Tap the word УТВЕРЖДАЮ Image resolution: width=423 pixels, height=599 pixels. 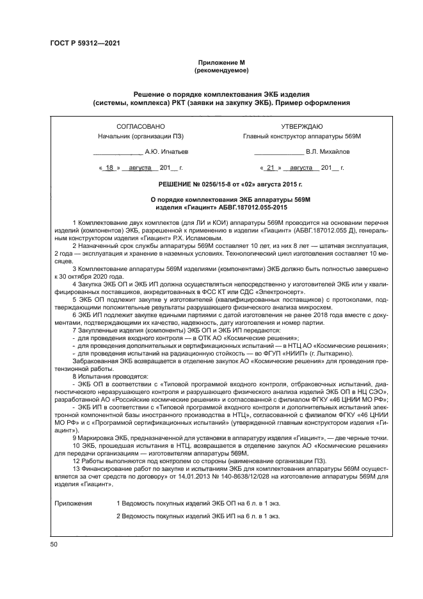[x=301, y=127]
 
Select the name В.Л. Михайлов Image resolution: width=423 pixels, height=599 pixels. [x=328, y=152]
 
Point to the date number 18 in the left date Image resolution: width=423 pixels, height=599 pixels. [x=109, y=168]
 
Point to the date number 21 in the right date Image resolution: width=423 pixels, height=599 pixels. [x=271, y=168]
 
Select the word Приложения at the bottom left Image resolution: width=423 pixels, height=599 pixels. [x=74, y=504]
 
